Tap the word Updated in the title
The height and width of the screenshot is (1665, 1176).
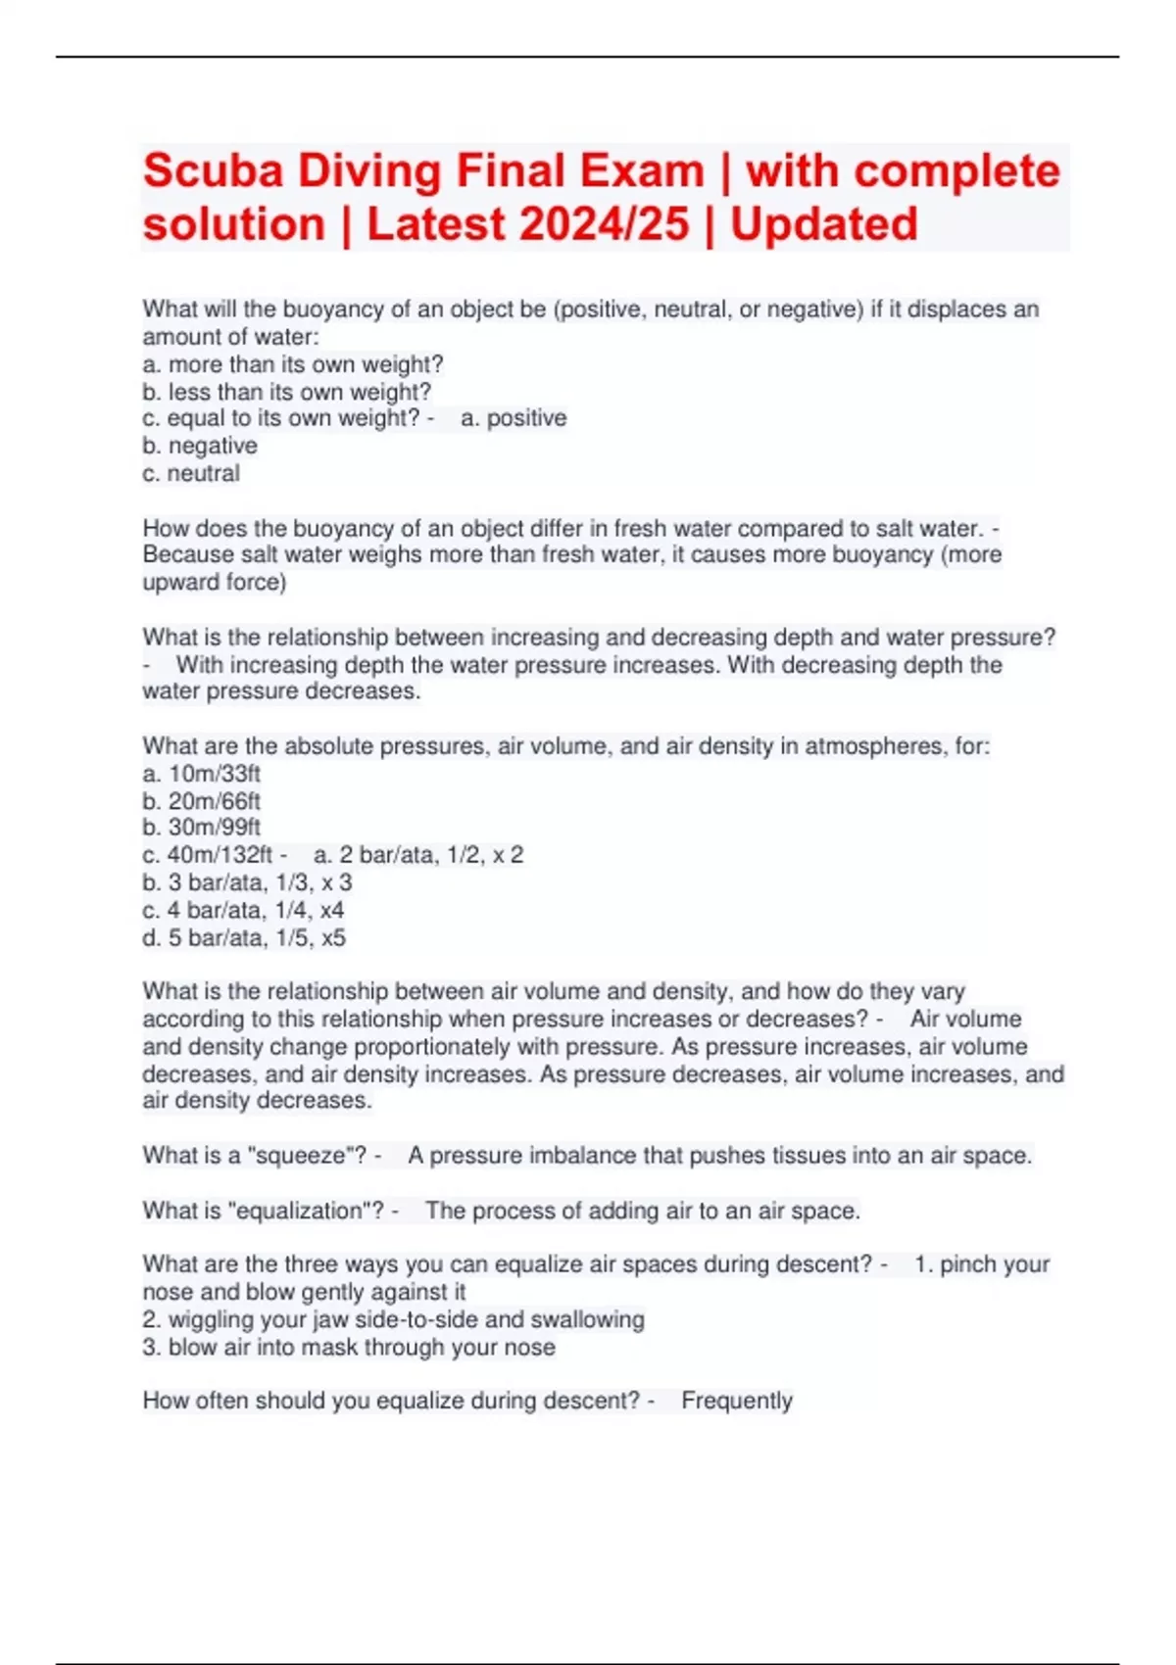823,224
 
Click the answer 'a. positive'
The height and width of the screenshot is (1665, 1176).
514,418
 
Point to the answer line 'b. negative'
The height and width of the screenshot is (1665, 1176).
200,446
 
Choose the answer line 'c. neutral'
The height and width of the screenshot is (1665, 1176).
191,473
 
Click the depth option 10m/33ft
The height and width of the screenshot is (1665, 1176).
214,774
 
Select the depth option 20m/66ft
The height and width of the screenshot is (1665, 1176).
214,801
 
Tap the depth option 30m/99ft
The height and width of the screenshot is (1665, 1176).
214,828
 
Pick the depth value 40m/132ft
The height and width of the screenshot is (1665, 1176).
220,855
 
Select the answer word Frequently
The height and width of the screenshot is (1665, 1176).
736,1401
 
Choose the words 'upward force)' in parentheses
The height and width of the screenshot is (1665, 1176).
215,582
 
